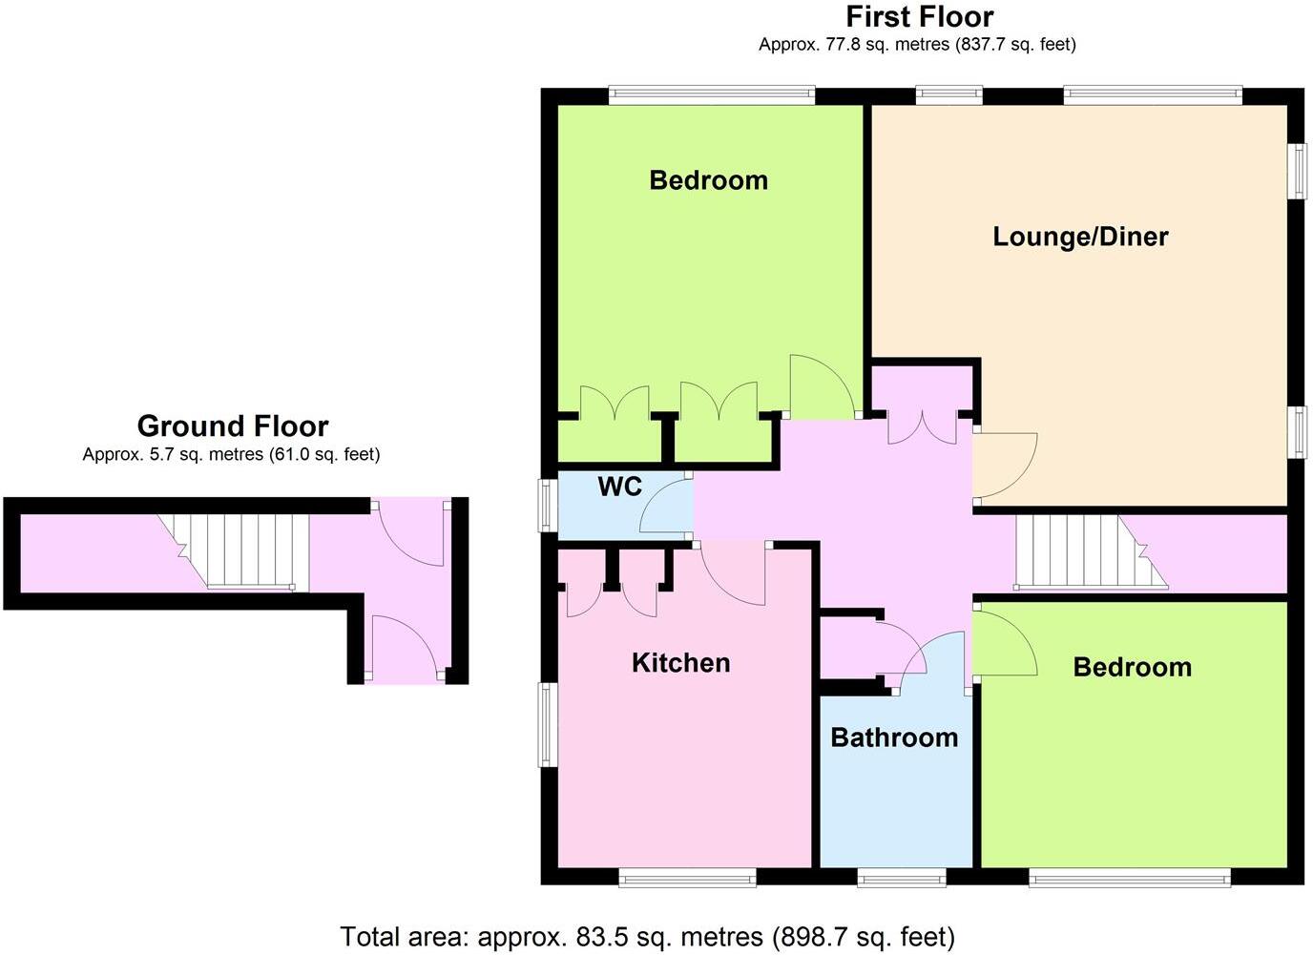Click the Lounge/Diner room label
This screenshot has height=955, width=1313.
click(x=1080, y=237)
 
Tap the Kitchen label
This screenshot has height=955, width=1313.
click(x=680, y=663)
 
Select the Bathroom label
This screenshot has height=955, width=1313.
click(x=894, y=737)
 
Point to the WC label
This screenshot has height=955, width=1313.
click(x=619, y=488)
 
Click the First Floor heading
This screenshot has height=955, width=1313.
click(x=919, y=17)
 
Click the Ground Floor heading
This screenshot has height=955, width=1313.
click(x=232, y=426)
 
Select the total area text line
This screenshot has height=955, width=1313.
click(x=647, y=936)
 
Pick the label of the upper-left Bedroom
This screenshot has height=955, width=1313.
click(x=708, y=180)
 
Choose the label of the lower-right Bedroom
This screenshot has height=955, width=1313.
click(x=1132, y=667)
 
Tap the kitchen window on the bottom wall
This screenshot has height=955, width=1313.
click(x=687, y=877)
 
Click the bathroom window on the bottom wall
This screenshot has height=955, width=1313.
click(x=901, y=877)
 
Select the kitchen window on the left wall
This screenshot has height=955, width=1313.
click(x=547, y=724)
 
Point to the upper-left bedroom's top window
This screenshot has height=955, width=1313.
click(x=712, y=94)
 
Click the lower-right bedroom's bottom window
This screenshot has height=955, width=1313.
click(x=1130, y=877)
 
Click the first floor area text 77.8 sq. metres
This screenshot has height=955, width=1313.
click(x=916, y=44)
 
